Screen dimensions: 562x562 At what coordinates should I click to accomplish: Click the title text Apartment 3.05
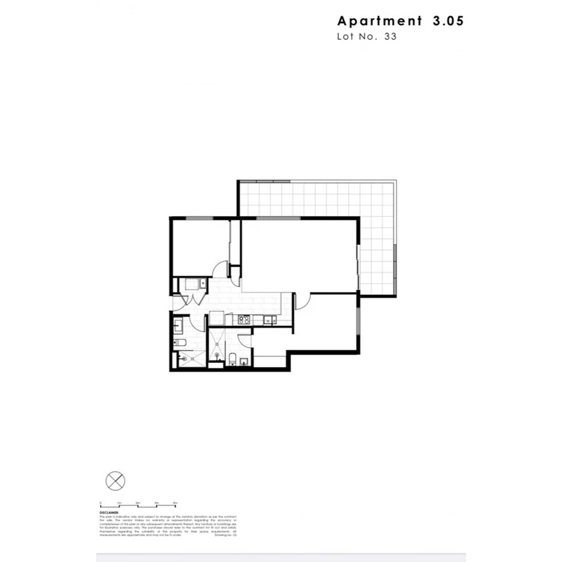[400, 21]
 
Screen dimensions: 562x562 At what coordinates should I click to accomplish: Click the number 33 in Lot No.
[391, 36]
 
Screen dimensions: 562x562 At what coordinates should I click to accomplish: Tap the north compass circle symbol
[116, 481]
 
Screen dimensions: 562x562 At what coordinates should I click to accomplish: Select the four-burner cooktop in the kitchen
[244, 320]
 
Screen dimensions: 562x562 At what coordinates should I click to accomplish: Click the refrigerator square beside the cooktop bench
[216, 318]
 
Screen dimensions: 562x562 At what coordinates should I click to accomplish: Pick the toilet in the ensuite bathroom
[232, 358]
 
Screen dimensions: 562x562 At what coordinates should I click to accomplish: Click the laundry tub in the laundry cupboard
[202, 284]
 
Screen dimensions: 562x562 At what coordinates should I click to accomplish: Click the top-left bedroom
[200, 247]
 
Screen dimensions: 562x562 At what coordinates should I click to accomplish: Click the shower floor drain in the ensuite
[217, 356]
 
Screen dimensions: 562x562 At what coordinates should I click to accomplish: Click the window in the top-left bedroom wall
[199, 218]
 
